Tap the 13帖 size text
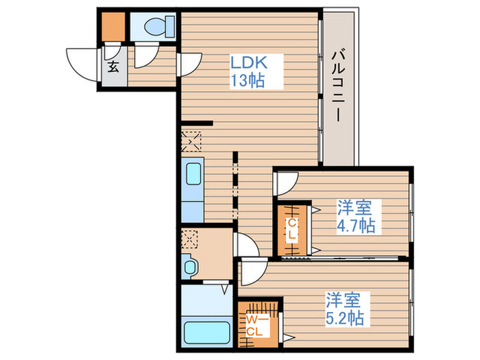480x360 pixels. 248,80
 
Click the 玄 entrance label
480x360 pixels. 112,67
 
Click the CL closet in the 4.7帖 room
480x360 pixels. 291,230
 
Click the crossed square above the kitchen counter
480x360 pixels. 191,142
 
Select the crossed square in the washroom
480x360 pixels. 191,239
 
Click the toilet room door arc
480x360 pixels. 144,57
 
